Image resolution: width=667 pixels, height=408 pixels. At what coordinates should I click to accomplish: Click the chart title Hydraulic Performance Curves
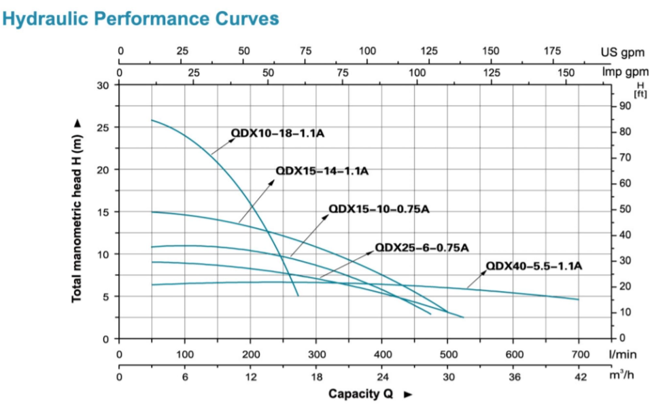pos(141,18)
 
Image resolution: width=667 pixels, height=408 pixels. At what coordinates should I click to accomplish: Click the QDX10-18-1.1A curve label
pos(277,134)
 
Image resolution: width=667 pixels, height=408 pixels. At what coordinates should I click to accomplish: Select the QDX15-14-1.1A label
pos(322,171)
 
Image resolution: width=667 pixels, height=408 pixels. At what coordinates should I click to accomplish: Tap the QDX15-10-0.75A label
pos(379,209)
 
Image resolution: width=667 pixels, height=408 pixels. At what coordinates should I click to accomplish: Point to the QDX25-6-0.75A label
pos(422,248)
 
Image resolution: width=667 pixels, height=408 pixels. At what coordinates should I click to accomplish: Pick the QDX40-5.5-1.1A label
pos(534,266)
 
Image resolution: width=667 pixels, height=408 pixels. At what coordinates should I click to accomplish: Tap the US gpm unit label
pos(621,52)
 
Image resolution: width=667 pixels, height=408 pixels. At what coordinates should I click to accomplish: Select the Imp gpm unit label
pos(625,71)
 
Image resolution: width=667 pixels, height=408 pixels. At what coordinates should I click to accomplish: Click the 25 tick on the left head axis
pos(103,128)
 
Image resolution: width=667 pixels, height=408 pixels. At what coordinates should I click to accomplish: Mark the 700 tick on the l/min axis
pos(579,354)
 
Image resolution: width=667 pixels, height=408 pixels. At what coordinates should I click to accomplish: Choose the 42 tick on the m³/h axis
pos(579,377)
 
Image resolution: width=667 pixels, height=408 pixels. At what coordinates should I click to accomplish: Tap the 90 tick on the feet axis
pos(626,106)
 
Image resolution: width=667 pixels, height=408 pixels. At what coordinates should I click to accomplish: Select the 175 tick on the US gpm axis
pos(552,51)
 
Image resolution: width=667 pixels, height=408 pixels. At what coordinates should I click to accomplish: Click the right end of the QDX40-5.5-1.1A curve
pos(579,299)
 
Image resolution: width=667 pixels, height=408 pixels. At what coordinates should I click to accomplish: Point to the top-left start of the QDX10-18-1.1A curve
pos(152,120)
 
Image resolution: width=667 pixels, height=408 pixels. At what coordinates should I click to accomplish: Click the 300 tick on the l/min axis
pos(317,354)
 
